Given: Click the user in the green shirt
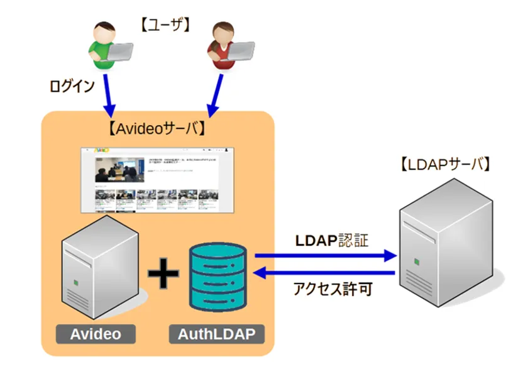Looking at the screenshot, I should (101, 47).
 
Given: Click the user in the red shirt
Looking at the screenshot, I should (221, 47).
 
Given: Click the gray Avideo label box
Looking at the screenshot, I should (95, 334).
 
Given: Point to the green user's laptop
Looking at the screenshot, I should (119, 52).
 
